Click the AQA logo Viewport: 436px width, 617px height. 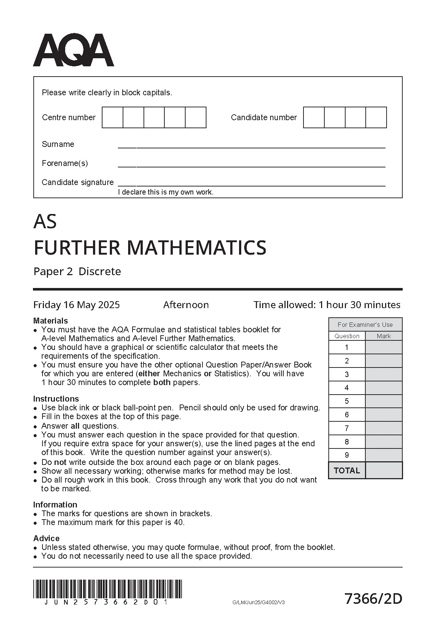tap(73, 50)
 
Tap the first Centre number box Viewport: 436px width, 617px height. tap(112, 117)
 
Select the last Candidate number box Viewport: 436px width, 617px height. tap(376, 117)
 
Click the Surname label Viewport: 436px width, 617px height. tap(58, 144)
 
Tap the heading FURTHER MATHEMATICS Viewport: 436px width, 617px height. tap(150, 248)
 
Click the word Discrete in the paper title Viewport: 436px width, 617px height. tap(100, 271)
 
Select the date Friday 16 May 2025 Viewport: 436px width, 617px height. tap(77, 305)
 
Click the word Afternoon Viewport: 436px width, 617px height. tap(186, 305)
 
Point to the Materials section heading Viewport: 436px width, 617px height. tap(51, 321)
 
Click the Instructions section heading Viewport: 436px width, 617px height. tap(56, 399)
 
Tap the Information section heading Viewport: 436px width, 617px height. tap(55, 505)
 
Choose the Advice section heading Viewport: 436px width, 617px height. tap(46, 538)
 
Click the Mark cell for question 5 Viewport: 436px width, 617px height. tap(384, 401)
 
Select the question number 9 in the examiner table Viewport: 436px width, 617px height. tap(347, 455)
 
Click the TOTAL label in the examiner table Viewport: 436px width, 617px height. tap(347, 470)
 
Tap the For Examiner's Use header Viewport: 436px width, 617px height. tap(365, 325)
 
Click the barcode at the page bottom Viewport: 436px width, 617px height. tap(108, 589)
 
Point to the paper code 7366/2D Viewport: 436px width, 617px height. tap(373, 599)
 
